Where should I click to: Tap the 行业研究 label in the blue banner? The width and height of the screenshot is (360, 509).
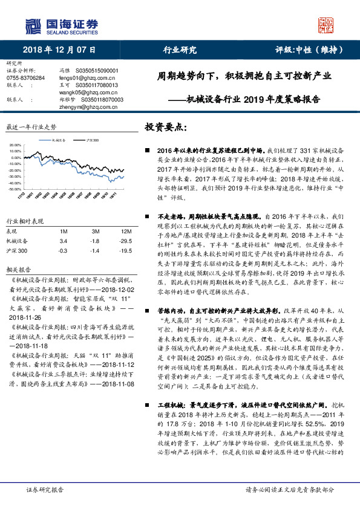(180, 50)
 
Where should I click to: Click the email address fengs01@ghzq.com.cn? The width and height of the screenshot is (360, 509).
(81, 77)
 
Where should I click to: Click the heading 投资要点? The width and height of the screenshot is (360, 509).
(167, 128)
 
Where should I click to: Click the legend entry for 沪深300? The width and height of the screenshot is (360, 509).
(91, 140)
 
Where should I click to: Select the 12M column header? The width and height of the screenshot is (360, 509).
(126, 232)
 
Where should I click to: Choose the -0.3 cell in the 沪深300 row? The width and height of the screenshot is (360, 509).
(62, 250)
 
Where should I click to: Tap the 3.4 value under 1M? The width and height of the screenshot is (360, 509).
(63, 241)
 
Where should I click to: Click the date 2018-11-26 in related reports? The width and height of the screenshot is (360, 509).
(25, 334)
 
